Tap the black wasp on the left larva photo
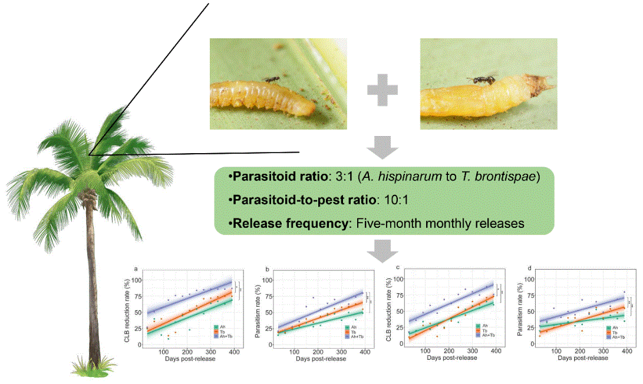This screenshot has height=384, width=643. pos(272,78)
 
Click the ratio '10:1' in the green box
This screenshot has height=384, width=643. pos(394,200)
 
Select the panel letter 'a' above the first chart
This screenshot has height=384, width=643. pos(136,270)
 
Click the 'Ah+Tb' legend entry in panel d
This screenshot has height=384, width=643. pos(619,336)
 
